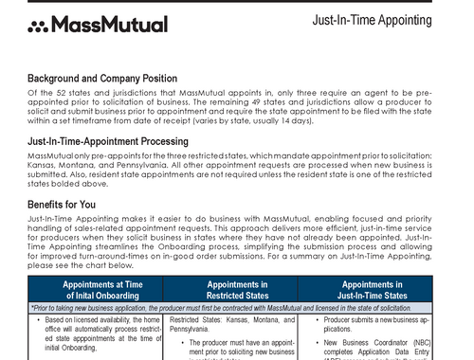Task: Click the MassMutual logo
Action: point(98,25)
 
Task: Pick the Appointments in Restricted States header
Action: point(237,289)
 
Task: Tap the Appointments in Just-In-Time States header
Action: point(372,289)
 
